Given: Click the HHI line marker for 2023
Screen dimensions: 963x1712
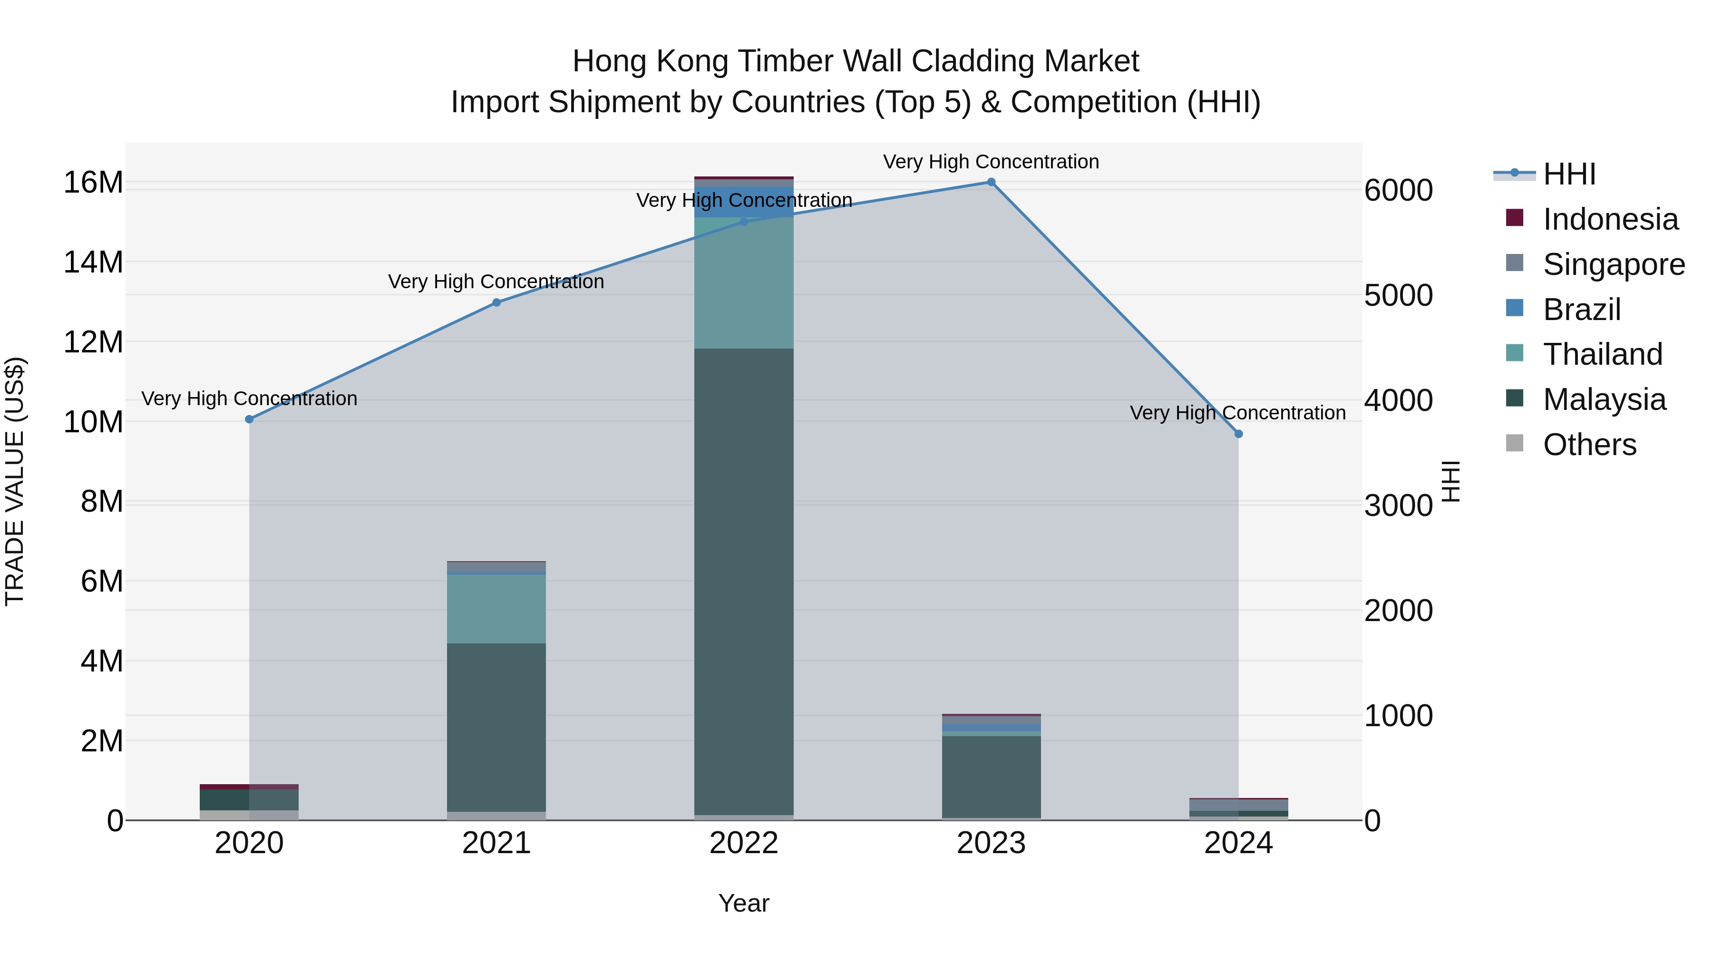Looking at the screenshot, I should [991, 182].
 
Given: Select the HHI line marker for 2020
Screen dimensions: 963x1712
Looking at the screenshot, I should [249, 419].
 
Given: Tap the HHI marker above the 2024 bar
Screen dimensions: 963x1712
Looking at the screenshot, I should [1238, 434].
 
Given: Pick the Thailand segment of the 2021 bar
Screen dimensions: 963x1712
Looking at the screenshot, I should [496, 609].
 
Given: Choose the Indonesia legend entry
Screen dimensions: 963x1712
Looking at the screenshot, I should [1610, 219].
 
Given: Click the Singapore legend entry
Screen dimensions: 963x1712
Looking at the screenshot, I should [1613, 264].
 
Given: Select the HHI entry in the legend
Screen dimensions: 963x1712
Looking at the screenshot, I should [1568, 174].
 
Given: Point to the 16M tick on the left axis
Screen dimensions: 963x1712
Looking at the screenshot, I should [93, 182].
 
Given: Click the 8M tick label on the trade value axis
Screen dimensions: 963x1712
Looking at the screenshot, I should [102, 502].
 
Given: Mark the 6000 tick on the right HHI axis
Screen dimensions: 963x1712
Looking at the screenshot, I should [1398, 190].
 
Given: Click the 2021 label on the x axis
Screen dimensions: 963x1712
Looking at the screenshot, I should [496, 843].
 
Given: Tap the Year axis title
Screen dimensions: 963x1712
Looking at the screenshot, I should [744, 903].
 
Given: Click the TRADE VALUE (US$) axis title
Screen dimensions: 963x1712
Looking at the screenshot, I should [15, 481].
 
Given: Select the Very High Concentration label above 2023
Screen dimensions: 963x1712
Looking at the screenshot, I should [991, 162].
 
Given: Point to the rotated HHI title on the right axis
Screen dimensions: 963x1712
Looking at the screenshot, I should [1451, 481].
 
